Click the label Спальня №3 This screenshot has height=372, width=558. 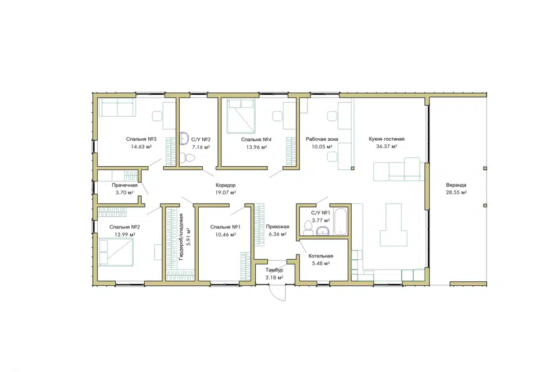click(141, 139)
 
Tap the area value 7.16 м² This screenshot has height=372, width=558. click(201, 146)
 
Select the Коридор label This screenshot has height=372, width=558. click(226, 185)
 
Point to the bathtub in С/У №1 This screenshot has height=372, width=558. click(341, 221)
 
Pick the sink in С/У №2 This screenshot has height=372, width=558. click(184, 138)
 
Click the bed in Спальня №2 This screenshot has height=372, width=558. click(116, 252)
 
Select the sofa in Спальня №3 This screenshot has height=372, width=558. click(117, 108)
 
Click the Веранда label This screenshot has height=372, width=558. click(456, 185)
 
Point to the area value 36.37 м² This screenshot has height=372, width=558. click(387, 146)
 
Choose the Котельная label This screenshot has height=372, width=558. click(321, 256)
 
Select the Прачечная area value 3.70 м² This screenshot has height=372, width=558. click(124, 192)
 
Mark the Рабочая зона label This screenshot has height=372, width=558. click(322, 139)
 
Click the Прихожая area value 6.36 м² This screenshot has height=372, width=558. click(278, 234)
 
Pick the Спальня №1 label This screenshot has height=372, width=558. click(226, 227)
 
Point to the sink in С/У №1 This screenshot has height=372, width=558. click(323, 231)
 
